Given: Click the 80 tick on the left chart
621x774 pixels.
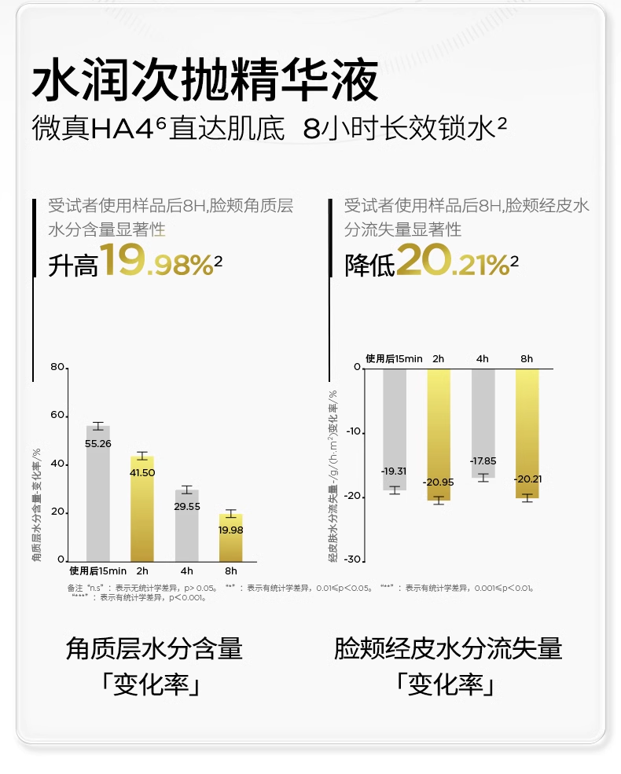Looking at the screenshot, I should coord(57,367).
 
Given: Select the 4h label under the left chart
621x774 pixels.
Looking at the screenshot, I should coord(186,571).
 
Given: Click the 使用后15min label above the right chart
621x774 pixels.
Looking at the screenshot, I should coord(394,358).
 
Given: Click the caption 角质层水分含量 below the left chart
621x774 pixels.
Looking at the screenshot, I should coord(155,649).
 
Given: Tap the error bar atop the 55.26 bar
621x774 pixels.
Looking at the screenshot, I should coord(98,426).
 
